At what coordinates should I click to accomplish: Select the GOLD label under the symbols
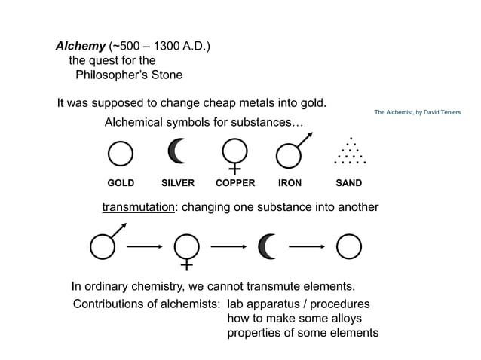pyautogui.click(x=121, y=183)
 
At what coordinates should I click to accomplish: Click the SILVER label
pyautogui.click(x=178, y=183)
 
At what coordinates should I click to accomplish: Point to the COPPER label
pyautogui.click(x=235, y=183)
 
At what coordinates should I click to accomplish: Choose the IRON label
pyautogui.click(x=290, y=183)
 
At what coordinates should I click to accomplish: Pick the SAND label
pyautogui.click(x=349, y=183)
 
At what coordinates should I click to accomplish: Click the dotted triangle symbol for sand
pyautogui.click(x=350, y=151)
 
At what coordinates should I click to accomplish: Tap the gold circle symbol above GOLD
pyautogui.click(x=121, y=154)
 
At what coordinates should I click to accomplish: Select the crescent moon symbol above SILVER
pyautogui.click(x=177, y=151)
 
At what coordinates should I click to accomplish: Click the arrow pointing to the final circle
pyautogui.click(x=307, y=246)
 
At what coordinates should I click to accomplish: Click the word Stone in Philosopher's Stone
pyautogui.click(x=165, y=75)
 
